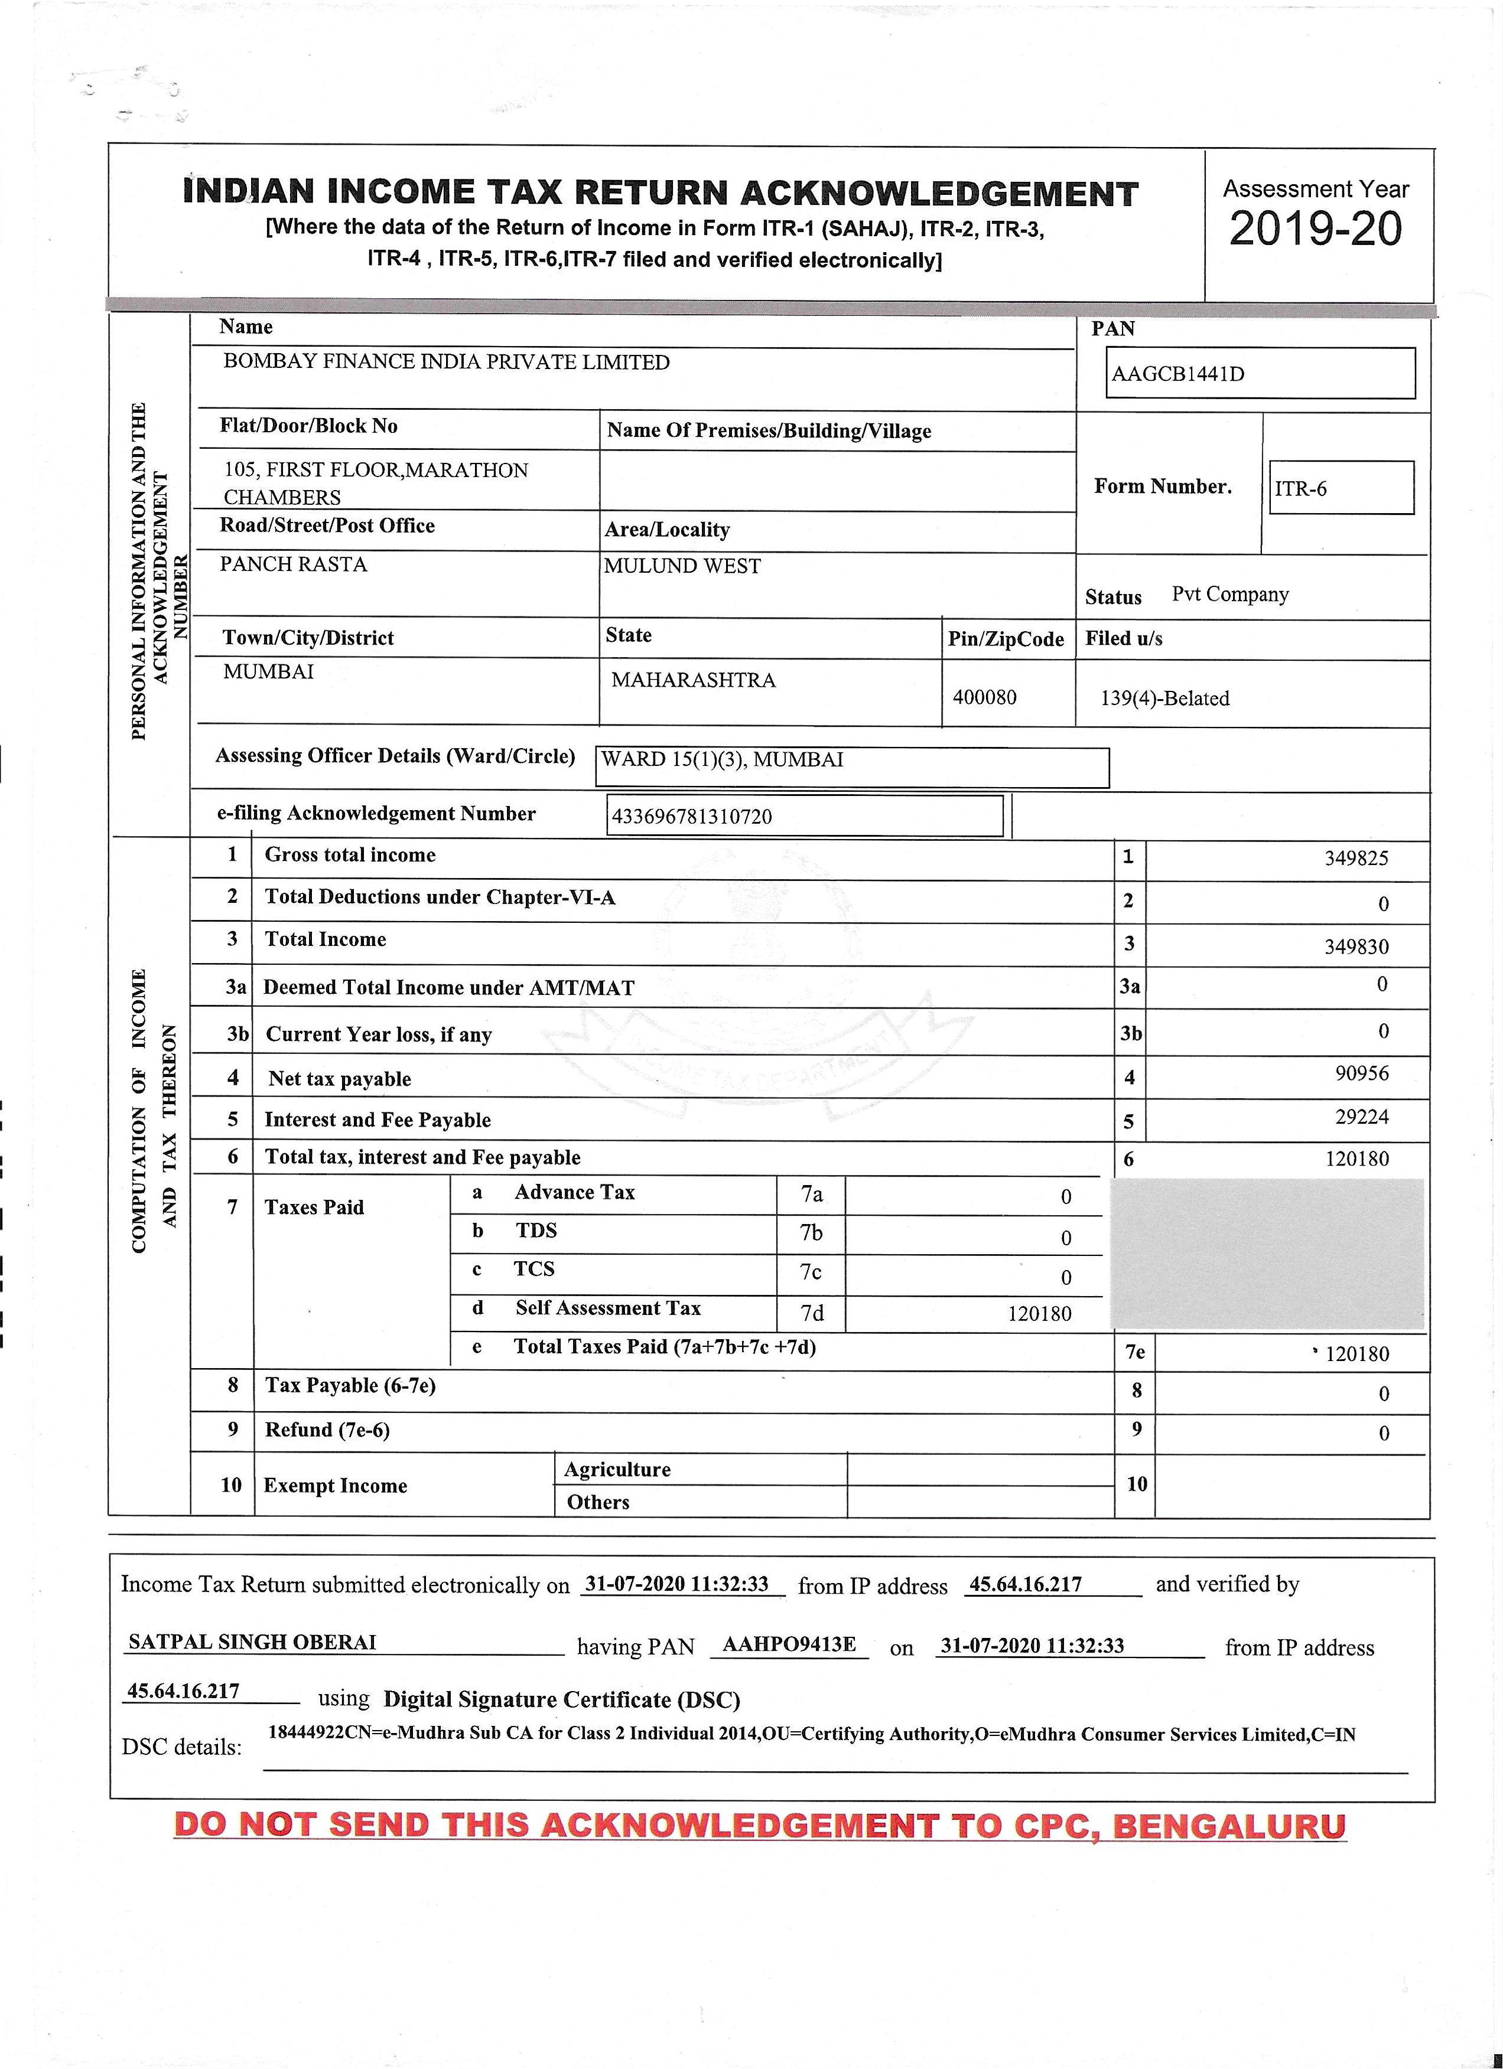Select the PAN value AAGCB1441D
click(1177, 374)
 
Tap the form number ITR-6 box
click(1341, 488)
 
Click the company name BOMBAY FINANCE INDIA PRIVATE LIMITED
click(446, 362)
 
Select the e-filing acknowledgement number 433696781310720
click(691, 817)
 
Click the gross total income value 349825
click(1356, 859)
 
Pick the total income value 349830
click(1356, 947)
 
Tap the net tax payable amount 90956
click(1362, 1073)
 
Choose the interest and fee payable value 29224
click(1362, 1117)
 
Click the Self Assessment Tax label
click(608, 1308)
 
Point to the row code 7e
click(1134, 1352)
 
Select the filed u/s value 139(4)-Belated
click(1164, 699)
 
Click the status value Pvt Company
click(1229, 595)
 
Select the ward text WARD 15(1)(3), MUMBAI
click(722, 760)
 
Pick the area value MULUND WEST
click(682, 566)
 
